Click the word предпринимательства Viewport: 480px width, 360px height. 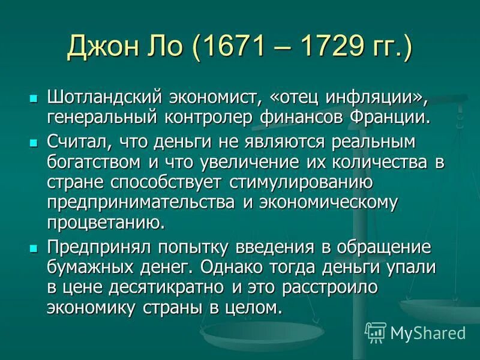coord(142,202)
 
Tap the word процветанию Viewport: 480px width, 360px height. coord(105,222)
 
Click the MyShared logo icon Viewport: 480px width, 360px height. coord(376,331)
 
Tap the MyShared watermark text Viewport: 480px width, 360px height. coord(428,332)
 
